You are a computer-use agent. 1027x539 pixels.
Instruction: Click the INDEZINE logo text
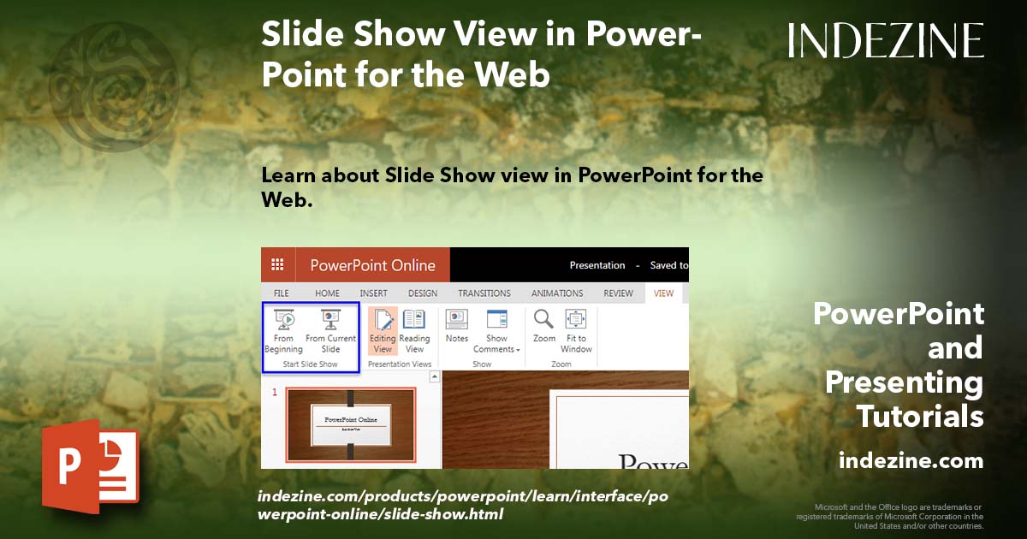tap(886, 40)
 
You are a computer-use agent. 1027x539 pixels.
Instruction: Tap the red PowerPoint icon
tap(90, 465)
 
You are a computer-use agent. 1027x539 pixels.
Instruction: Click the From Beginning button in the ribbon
tap(283, 331)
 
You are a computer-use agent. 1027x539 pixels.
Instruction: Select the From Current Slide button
tap(330, 331)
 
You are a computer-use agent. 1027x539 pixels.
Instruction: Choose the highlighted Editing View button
tap(383, 331)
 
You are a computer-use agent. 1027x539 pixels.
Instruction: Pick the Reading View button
tap(414, 331)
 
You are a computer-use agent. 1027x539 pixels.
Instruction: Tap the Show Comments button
tap(497, 331)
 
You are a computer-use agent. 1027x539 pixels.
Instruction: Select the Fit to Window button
tap(576, 331)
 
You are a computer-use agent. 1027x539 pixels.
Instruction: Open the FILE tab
tap(281, 293)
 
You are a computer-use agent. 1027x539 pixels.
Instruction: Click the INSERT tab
tap(373, 293)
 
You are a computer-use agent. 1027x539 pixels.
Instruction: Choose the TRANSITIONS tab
tap(484, 293)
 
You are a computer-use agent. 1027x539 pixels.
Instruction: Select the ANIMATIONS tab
tap(557, 293)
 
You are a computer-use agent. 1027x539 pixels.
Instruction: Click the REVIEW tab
tap(618, 293)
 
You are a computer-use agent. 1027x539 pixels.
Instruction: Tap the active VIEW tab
tap(663, 293)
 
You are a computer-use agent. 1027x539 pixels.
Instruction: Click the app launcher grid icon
tap(277, 265)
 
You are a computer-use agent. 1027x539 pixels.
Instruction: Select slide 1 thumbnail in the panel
tap(350, 425)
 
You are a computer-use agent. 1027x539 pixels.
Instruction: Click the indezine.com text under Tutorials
tap(911, 461)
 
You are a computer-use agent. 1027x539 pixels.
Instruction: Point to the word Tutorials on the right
tap(920, 417)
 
